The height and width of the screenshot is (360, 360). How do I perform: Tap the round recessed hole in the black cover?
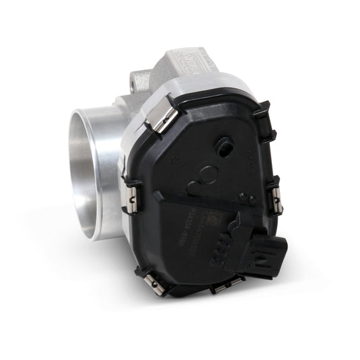pos(223,144)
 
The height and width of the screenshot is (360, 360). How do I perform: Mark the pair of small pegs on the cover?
pos(246,197)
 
